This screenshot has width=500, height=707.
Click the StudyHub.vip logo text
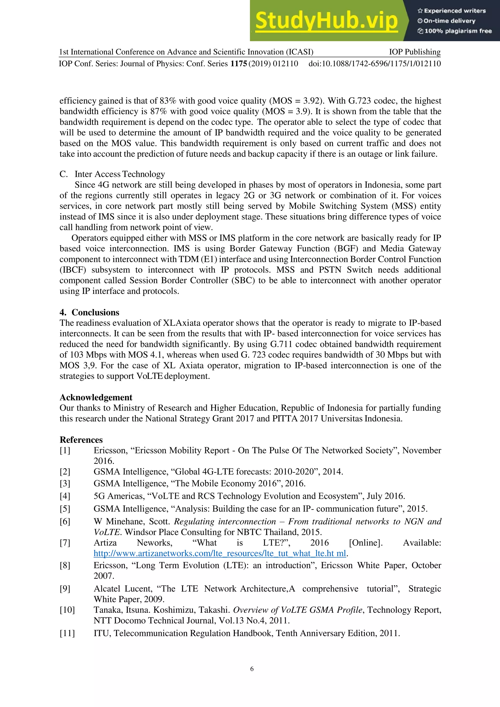click(x=326, y=21)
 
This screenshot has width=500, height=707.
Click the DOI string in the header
click(x=374, y=64)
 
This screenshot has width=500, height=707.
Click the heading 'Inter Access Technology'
click(x=120, y=174)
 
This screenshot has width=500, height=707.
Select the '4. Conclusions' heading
click(x=89, y=312)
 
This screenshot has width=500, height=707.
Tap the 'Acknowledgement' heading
click(x=96, y=397)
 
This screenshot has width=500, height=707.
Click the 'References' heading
click(x=81, y=440)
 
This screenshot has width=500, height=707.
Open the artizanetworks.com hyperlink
click(x=220, y=553)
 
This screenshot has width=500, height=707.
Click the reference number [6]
click(x=65, y=521)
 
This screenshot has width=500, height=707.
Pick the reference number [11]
click(x=67, y=633)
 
